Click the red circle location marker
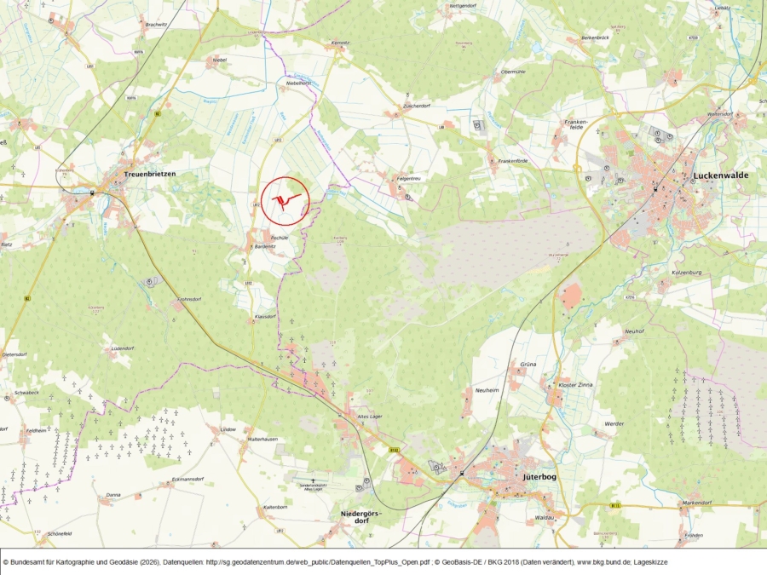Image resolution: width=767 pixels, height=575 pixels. (x=284, y=201)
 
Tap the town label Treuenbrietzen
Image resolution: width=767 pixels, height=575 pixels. (x=149, y=174)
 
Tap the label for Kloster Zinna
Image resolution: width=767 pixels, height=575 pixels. (x=575, y=386)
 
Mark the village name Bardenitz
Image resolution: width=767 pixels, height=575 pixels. (x=265, y=246)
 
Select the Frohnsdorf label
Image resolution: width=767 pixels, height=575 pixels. (x=188, y=300)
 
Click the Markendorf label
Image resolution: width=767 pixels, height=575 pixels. (x=696, y=503)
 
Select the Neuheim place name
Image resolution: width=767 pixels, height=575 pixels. (x=485, y=389)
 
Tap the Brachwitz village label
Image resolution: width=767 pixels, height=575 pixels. (x=156, y=25)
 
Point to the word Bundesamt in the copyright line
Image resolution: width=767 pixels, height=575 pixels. (x=31, y=562)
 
